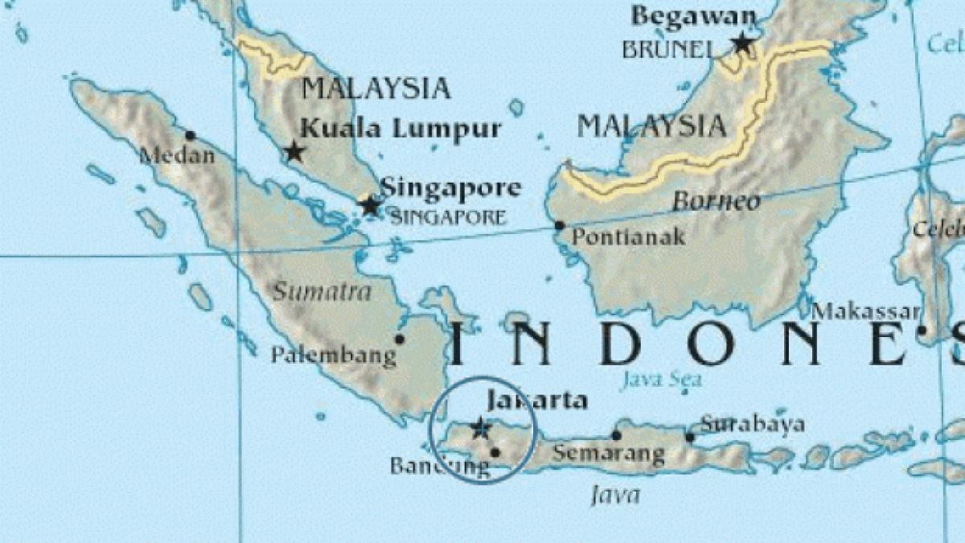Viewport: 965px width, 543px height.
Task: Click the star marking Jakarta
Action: coord(480,427)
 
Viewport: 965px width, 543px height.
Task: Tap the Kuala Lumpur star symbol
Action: coord(294,150)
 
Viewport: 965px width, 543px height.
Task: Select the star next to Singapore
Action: coord(370,205)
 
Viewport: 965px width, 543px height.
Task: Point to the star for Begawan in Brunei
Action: coord(741,42)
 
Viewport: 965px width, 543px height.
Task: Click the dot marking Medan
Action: coord(191,135)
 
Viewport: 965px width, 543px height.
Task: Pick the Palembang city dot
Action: coord(400,339)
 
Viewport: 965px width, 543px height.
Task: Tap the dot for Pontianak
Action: coord(560,225)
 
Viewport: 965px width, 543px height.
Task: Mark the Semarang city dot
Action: coord(616,435)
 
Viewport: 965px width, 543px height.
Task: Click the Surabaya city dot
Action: coord(690,437)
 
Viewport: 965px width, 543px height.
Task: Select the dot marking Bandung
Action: coord(495,452)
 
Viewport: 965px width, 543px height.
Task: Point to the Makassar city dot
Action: coord(922,330)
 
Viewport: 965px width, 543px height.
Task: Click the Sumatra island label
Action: coord(322,291)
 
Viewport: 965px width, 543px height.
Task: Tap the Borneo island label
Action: coord(716,201)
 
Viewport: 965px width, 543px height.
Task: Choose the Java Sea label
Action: coord(661,379)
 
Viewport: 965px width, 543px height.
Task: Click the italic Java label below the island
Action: coord(615,495)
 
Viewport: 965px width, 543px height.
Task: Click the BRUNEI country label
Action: coord(667,49)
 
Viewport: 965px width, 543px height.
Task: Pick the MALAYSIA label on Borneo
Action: coord(652,125)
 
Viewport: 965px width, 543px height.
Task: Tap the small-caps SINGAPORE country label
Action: coord(447,217)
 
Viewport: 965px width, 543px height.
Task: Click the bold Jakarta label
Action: coord(537,401)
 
